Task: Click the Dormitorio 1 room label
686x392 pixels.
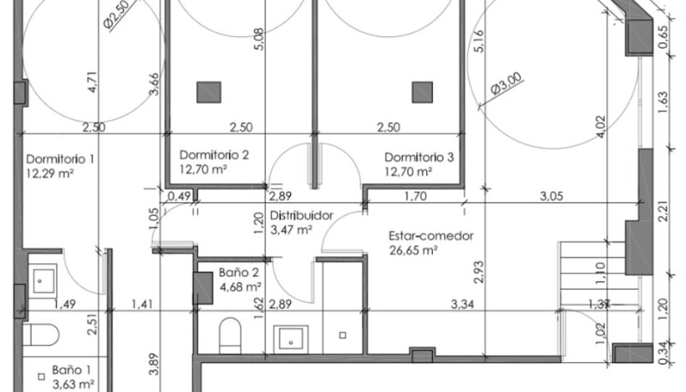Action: click(x=60, y=159)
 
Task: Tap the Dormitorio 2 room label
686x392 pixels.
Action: click(x=214, y=155)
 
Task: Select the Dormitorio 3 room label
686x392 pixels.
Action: click(x=419, y=157)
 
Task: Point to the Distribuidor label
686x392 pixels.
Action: click(x=302, y=216)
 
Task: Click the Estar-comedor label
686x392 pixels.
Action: click(x=431, y=236)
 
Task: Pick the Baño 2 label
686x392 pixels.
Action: click(x=239, y=273)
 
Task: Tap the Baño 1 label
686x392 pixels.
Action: click(x=72, y=370)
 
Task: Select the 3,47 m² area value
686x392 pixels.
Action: click(x=291, y=230)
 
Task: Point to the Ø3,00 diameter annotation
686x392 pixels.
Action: click(x=507, y=84)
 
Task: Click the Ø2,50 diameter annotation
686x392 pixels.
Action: click(x=117, y=14)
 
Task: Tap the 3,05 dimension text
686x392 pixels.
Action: click(x=551, y=196)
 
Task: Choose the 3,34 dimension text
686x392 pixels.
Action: click(x=462, y=304)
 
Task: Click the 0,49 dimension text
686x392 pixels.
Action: click(x=179, y=196)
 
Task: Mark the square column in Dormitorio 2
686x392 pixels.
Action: click(x=208, y=93)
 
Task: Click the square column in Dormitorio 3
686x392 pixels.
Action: click(x=422, y=93)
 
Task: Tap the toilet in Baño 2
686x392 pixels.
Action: click(x=230, y=336)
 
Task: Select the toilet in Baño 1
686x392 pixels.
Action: click(x=41, y=335)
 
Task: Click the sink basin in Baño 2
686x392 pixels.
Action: click(x=291, y=339)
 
